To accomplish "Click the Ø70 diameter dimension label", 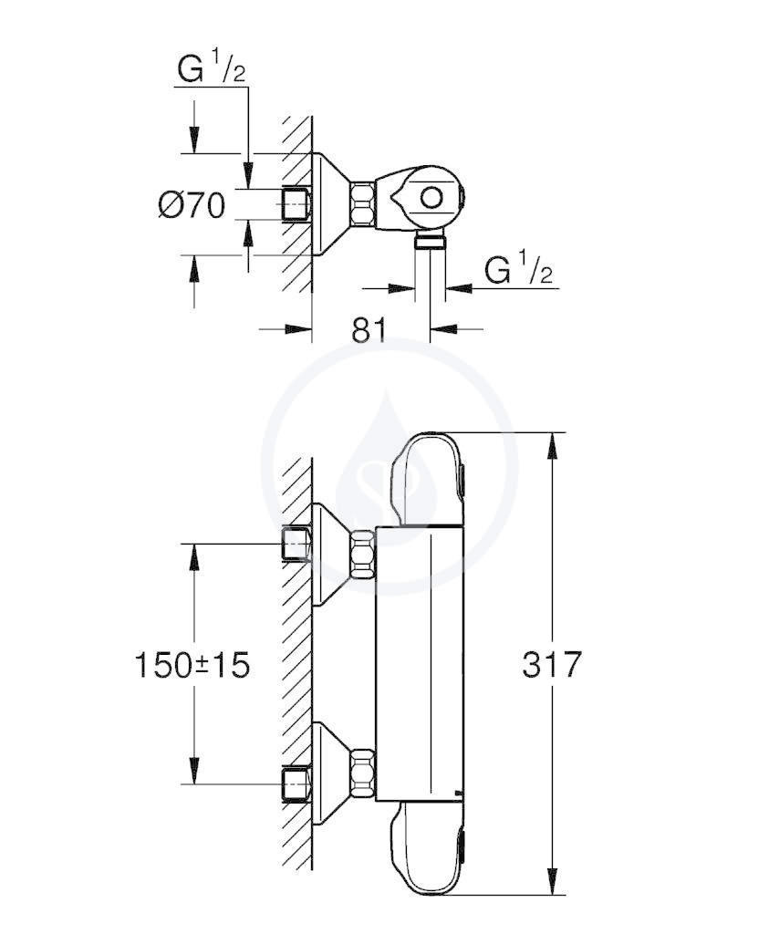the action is (192, 205).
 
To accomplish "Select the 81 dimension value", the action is (369, 329).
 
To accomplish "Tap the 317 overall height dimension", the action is (552, 664).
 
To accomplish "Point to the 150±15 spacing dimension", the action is (192, 665).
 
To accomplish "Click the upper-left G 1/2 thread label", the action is (212, 68).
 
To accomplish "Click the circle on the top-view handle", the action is (431, 197).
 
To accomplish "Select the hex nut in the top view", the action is (363, 204).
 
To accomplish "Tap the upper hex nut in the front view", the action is (363, 554).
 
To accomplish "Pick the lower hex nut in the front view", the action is (363, 773).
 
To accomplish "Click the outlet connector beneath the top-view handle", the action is (430, 240).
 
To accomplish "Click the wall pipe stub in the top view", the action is (296, 205).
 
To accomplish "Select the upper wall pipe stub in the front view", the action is (296, 544).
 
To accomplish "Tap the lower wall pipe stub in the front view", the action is (296, 784).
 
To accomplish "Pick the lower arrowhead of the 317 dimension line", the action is (554, 881).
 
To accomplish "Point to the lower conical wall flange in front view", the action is (332, 773).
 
